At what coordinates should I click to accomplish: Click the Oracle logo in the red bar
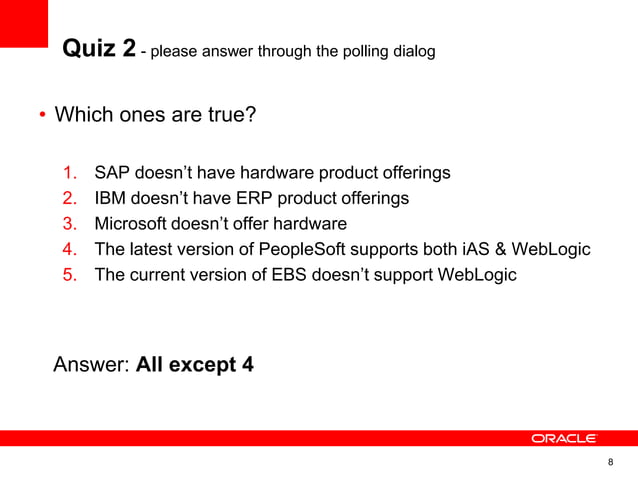564,438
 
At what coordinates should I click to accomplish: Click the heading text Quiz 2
99,48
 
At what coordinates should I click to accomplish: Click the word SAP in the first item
112,173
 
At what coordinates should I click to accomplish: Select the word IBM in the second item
111,198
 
